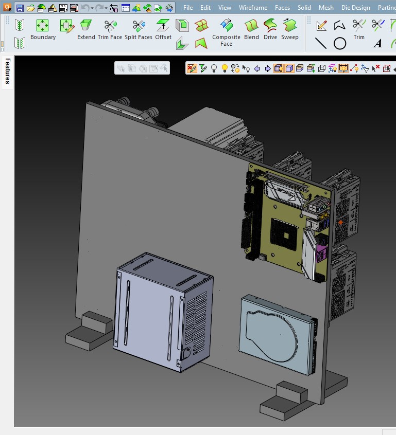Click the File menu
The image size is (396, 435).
pyautogui.click(x=188, y=8)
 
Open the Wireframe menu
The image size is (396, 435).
pyautogui.click(x=253, y=8)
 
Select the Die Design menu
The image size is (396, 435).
pyautogui.click(x=355, y=8)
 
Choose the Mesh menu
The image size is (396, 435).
pyautogui.click(x=326, y=8)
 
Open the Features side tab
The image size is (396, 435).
pyautogui.click(x=8, y=71)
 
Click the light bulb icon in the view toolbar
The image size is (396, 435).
pyautogui.click(x=225, y=68)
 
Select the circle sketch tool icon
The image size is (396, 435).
pyautogui.click(x=340, y=44)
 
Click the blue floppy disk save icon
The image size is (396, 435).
pyautogui.click(x=20, y=8)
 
